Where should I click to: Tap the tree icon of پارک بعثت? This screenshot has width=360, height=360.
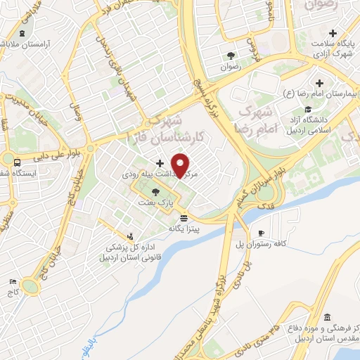click(x=155, y=191)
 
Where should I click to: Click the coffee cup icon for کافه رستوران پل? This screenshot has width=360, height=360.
click(x=262, y=233)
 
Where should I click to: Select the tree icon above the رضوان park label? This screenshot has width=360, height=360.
click(x=230, y=56)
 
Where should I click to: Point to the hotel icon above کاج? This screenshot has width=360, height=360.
click(x=13, y=282)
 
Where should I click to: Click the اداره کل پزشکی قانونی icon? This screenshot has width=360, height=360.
click(x=129, y=236)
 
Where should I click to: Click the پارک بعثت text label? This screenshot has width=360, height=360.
click(x=160, y=202)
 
